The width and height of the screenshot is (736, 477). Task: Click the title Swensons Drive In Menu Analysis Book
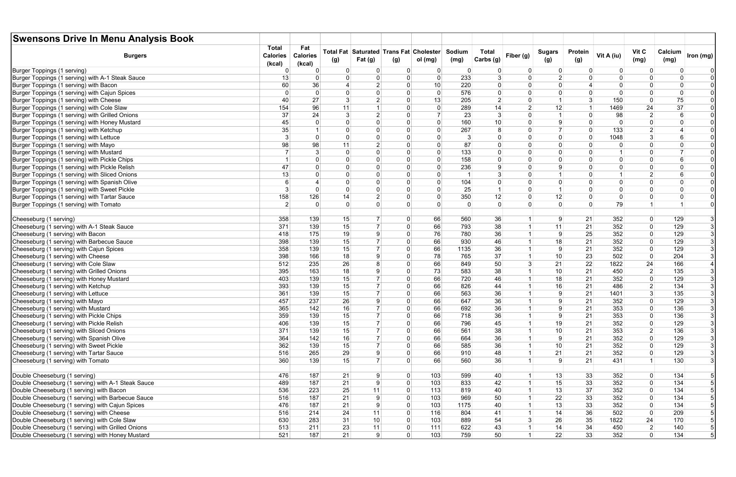[103, 39]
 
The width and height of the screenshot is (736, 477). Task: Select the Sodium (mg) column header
[457, 56]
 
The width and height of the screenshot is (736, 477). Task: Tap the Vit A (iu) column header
[608, 56]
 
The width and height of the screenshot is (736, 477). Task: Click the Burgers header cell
[135, 56]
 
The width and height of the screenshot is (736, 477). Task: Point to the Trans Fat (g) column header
[396, 56]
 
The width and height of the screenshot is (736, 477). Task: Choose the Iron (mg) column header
[700, 56]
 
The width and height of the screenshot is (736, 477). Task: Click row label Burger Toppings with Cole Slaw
[70, 108]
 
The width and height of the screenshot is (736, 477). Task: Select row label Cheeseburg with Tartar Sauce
[68, 353]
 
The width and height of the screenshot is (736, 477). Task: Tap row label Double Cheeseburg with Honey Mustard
[81, 435]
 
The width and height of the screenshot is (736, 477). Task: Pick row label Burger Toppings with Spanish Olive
[74, 182]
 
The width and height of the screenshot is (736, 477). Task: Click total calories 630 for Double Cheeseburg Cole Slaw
[283, 420]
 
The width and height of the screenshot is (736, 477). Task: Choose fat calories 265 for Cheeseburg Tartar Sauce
[314, 353]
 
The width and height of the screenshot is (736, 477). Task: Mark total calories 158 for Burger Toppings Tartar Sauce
[283, 197]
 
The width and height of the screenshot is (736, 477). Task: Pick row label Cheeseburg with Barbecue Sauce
[72, 242]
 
